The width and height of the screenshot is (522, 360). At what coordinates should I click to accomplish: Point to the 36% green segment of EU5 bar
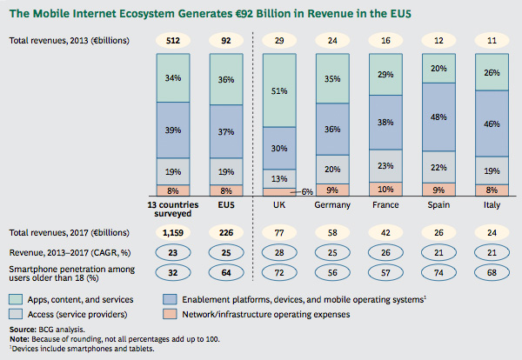[226, 79]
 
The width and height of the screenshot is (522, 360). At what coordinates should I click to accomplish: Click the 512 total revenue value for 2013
[172, 40]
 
